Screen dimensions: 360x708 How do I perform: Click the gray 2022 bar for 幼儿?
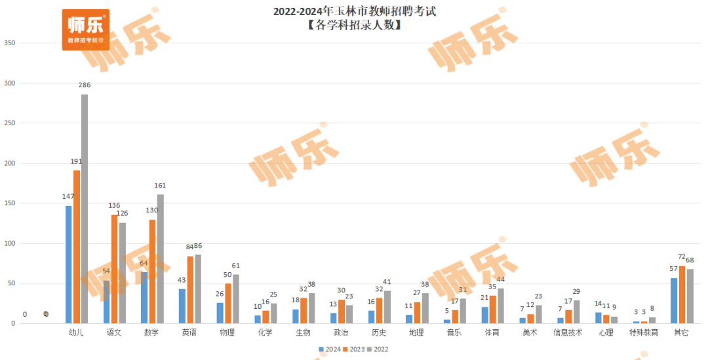coord(85,209)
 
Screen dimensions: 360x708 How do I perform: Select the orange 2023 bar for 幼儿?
coord(77,247)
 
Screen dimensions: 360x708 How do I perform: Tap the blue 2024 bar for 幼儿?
coord(69,264)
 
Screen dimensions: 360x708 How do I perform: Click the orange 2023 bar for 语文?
coord(115,269)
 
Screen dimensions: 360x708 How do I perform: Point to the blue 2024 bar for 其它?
coord(674,300)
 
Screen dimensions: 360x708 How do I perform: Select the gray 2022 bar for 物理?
coord(236,298)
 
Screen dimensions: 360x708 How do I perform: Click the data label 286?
coord(85,85)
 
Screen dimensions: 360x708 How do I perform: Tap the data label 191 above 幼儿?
coord(77,161)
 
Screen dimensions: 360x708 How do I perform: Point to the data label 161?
coord(161,186)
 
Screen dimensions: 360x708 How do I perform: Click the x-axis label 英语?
coord(189,333)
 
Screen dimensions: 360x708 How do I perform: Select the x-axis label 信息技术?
coord(568,333)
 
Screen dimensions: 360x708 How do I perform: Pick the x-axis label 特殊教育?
coord(644,333)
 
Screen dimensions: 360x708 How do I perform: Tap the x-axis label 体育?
coord(492,333)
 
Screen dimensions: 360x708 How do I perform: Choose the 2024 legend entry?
coord(330,350)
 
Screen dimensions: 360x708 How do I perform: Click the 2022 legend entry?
coord(378,350)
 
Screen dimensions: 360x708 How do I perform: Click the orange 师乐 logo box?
coord(86,30)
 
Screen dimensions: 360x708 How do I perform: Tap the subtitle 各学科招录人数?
coord(355,26)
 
